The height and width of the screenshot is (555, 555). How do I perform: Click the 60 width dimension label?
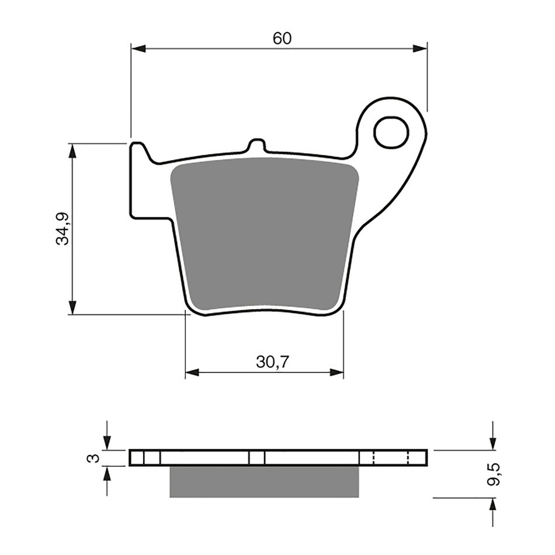coord(282,39)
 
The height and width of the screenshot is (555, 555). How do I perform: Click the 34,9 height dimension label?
coord(63,228)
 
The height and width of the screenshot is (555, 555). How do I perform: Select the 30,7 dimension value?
coord(272,362)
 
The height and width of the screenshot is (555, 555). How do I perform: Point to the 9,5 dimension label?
coord(495,474)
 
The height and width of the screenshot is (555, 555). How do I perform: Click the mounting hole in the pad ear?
coord(391,133)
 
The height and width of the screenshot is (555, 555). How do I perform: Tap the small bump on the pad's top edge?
coord(256,146)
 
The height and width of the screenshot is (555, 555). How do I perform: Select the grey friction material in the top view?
coord(264,234)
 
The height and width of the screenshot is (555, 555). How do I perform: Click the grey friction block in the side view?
coord(264,481)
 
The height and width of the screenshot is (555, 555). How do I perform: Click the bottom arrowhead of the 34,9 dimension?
coord(72,307)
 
